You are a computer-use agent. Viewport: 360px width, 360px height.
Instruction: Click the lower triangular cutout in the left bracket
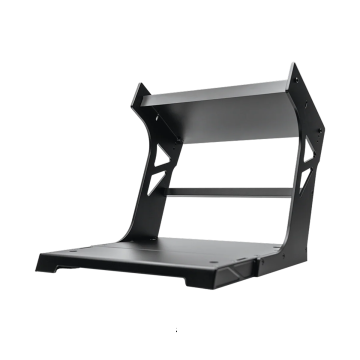(x=154, y=185)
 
